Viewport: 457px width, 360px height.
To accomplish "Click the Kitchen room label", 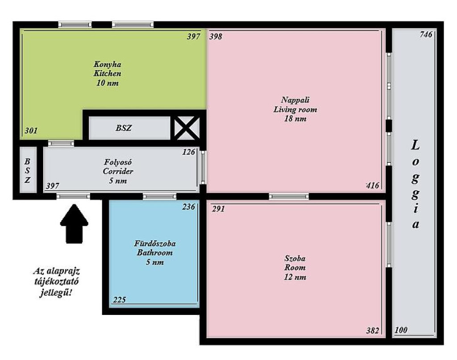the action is coord(107,74).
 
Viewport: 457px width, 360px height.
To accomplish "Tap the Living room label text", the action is coord(295,109).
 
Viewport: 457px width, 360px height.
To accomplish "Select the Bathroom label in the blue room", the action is coord(155,252).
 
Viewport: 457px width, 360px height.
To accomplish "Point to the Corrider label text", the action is coord(118,171).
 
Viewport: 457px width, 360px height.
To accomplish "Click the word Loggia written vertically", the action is coord(415,184).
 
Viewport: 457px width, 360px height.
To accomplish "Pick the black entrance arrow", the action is coord(74,223).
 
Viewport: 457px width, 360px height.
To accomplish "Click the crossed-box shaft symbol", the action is coord(187,128).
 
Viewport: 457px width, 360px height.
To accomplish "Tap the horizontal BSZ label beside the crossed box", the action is coord(124,128).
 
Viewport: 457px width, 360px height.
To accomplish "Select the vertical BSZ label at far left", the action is coord(27,171).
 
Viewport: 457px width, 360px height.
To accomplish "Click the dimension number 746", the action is coord(426,34).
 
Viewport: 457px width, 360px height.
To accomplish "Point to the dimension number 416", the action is coord(373,185).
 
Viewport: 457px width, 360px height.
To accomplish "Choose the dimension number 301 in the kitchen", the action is coord(31,131).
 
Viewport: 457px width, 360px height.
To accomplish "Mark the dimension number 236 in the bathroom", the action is coord(189,207).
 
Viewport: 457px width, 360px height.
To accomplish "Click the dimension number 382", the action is coord(373,330).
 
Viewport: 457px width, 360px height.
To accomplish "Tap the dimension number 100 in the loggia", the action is coord(401,330).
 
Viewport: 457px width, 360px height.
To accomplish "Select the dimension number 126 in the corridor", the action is coord(189,152).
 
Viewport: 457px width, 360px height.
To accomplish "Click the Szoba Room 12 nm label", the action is coord(295,267).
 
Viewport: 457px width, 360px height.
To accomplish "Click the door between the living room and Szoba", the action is coord(289,196).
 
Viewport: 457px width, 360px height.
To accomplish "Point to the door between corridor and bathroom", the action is coord(159,196).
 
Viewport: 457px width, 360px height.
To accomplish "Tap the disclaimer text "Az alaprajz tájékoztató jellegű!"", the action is coord(56,281).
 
